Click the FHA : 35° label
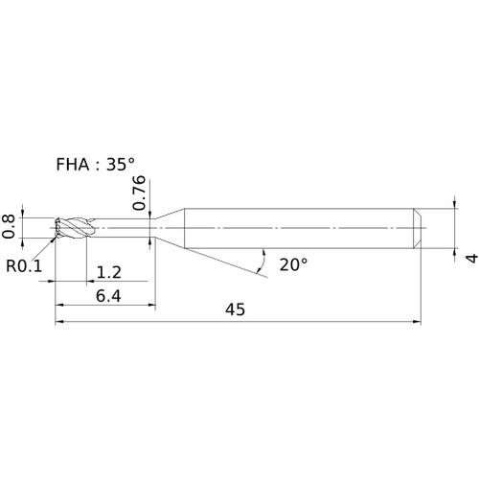(95, 165)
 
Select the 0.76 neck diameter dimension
(139, 193)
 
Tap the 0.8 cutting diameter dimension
(9, 227)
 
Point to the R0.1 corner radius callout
(24, 266)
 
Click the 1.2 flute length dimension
(109, 272)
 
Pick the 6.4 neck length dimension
(108, 296)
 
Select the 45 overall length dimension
(236, 309)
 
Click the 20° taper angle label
(293, 264)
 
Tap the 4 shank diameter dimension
(472, 258)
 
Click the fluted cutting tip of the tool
(74, 228)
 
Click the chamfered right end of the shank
(417, 228)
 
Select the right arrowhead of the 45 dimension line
(417, 322)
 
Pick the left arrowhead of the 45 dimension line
(59, 322)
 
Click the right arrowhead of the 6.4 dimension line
(151, 305)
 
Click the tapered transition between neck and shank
(170, 228)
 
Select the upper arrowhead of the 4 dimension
(454, 204)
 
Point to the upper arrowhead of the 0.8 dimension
(22, 214)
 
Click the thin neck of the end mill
(125, 228)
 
